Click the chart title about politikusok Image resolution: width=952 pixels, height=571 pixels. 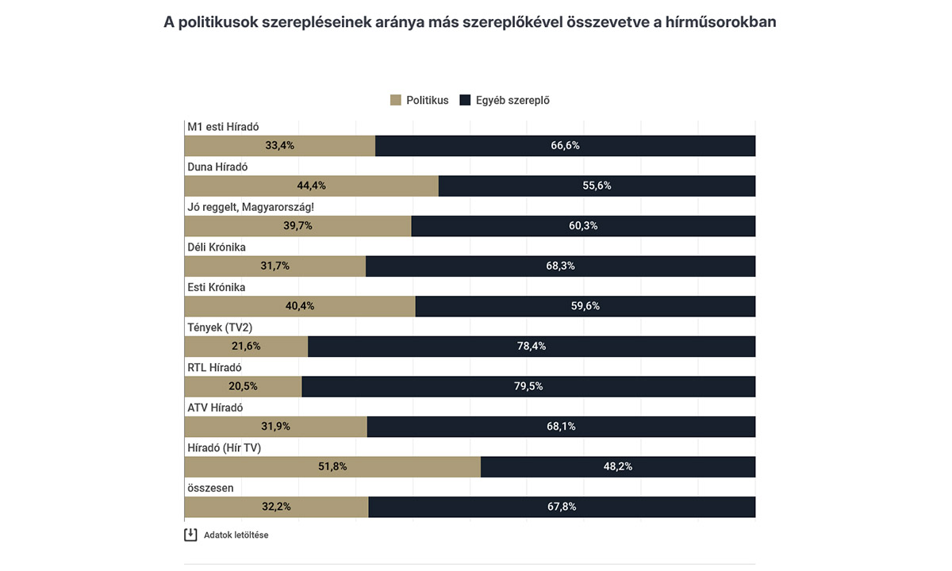coord(470,22)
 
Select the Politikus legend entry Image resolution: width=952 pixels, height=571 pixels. coord(420,101)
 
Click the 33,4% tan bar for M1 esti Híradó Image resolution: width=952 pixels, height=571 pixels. coord(279,146)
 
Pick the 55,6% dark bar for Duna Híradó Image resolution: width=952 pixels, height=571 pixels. coord(597,186)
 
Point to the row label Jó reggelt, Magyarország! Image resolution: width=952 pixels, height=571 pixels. coord(251,207)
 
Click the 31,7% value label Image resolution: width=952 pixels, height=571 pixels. coord(275,266)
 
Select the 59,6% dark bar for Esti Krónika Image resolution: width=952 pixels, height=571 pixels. coord(585,306)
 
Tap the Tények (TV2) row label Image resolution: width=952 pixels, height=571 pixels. coord(220,327)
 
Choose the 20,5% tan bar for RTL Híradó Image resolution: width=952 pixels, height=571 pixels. coord(243,386)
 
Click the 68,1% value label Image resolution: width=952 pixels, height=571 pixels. coord(562,427)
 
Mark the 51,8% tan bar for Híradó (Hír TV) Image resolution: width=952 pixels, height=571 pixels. coord(332,466)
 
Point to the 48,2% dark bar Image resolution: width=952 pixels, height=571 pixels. coord(618,466)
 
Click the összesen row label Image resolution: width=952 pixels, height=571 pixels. coord(210,488)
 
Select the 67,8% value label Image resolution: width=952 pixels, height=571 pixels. coord(562,507)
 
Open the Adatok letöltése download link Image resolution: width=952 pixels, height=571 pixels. coord(236,535)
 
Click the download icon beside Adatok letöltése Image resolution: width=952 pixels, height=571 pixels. coord(190,535)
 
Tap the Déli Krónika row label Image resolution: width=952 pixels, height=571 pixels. coord(217,247)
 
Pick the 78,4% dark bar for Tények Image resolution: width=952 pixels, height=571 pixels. coord(532,347)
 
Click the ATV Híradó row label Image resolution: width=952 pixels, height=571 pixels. coord(215,408)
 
